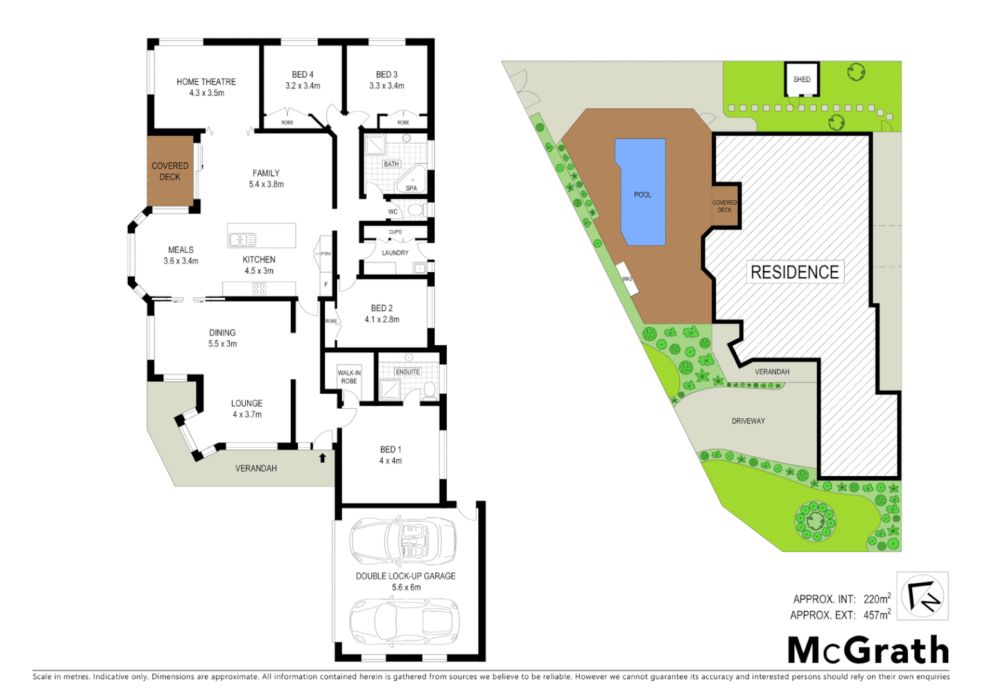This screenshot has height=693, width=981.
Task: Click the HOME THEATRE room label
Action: click(x=206, y=81)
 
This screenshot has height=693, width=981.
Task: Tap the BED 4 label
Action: click(x=302, y=74)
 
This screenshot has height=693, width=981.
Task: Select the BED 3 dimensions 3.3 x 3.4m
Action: click(x=386, y=85)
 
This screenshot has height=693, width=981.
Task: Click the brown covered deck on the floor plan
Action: click(x=170, y=171)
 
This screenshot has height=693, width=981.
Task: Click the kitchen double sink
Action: click(x=243, y=239)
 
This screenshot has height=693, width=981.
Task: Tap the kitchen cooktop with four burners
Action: click(x=259, y=289)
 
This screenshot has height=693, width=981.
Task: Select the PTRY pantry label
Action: click(x=326, y=254)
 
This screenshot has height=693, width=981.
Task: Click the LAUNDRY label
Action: click(x=395, y=253)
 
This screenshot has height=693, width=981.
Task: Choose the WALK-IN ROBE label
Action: click(x=349, y=377)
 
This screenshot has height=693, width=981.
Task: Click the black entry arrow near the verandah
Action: click(x=322, y=458)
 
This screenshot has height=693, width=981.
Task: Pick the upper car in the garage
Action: click(x=403, y=540)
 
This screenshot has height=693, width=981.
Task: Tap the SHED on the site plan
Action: click(x=802, y=80)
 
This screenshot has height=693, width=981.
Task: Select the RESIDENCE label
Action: click(x=795, y=272)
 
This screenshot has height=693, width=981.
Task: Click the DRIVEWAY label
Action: click(x=748, y=421)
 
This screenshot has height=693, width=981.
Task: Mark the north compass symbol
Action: click(x=922, y=596)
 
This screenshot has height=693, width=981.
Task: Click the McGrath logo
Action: click(x=868, y=650)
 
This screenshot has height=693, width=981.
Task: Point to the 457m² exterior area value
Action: click(x=876, y=615)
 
